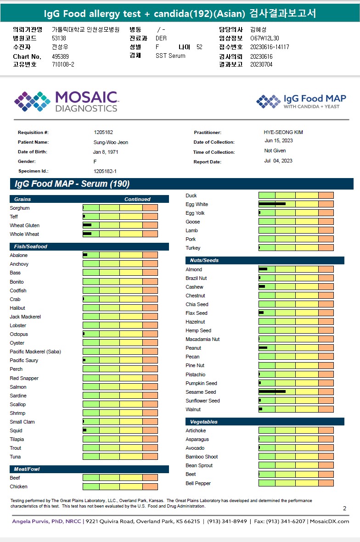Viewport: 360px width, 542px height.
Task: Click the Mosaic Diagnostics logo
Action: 66,101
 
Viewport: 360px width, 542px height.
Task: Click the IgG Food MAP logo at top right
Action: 301,101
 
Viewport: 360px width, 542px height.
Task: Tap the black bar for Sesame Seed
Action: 272,391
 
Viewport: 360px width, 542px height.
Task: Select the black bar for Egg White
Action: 272,204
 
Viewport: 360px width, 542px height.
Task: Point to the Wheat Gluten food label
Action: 24,225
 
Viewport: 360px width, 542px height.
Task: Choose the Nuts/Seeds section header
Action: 204,260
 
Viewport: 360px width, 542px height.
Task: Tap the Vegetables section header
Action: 204,422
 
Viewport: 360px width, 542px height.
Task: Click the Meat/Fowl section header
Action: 27,469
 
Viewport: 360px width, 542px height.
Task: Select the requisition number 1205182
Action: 103,132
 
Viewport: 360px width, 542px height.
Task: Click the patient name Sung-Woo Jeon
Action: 111,142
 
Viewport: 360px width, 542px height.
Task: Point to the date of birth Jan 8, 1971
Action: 106,152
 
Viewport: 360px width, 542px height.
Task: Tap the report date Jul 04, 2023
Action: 278,161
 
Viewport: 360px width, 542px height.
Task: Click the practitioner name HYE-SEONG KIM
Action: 283,132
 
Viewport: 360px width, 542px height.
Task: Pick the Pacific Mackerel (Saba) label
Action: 35,352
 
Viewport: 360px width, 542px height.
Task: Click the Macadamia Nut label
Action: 202,339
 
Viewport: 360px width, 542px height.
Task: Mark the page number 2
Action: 344,508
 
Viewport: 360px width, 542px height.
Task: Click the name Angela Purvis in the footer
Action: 31,521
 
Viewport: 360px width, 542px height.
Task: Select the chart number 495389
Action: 61,56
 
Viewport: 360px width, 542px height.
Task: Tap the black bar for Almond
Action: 263,269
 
